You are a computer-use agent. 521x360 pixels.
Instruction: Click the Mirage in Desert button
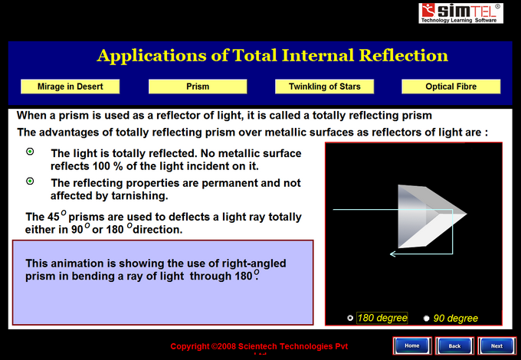(70, 87)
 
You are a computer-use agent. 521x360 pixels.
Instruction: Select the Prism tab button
(198, 87)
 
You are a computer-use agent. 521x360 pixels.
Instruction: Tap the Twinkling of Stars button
(324, 87)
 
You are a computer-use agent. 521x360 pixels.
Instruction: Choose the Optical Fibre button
(451, 87)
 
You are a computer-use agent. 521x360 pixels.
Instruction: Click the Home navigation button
(412, 345)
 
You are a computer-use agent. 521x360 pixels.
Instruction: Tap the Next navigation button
(496, 345)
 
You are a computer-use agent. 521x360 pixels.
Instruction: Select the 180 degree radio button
(350, 318)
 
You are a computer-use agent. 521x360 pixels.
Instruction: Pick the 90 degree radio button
(426, 318)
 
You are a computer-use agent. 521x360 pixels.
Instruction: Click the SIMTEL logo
(460, 13)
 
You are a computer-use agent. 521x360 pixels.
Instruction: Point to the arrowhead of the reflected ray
(392, 254)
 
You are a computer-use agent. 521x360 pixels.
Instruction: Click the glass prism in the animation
(428, 216)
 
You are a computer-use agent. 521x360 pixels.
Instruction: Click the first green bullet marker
(30, 152)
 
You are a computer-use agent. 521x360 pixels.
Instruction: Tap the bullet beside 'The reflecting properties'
(30, 181)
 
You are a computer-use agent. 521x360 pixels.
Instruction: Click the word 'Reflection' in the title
(403, 55)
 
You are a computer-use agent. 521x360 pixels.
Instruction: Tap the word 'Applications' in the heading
(152, 56)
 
